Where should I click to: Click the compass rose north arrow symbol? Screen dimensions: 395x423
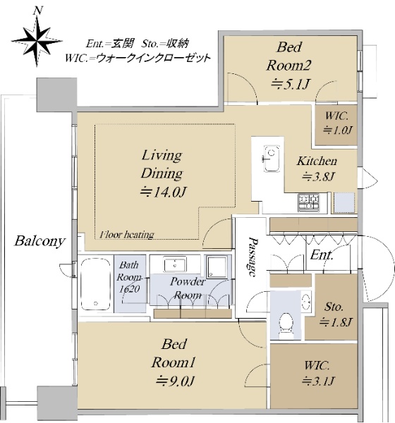(37, 40)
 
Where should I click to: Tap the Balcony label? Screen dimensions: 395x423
(39, 241)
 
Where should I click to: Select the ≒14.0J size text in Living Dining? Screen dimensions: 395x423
(162, 192)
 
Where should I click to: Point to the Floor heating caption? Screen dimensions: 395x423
(127, 235)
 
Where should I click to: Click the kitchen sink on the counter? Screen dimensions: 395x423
(272, 159)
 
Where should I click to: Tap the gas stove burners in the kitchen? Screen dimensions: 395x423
(308, 202)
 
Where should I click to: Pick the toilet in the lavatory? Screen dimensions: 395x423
(286, 326)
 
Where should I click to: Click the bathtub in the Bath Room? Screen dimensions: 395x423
(96, 284)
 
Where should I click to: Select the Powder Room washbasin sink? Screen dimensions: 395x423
(175, 264)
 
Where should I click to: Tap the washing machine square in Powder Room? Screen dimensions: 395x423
(217, 267)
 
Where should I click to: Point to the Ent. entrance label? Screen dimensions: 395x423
(322, 254)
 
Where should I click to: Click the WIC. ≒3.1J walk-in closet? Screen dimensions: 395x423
(314, 376)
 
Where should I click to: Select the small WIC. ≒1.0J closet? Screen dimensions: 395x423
(336, 125)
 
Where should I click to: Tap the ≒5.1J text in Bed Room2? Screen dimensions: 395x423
(290, 85)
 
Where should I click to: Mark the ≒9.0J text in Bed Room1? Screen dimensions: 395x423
(175, 381)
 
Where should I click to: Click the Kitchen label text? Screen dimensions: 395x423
(317, 161)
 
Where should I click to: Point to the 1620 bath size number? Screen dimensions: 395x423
(130, 289)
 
